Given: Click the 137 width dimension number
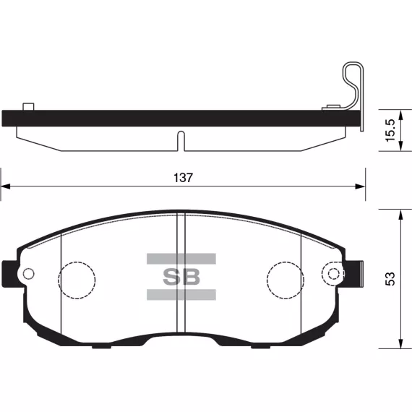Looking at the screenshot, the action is (183, 178).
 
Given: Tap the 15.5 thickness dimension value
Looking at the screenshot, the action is (390, 130).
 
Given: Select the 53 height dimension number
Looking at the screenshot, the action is (390, 279).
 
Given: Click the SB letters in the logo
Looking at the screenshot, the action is (181, 277).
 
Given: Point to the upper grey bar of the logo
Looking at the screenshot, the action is (181, 259).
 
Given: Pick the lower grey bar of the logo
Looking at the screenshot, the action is (181, 295).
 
